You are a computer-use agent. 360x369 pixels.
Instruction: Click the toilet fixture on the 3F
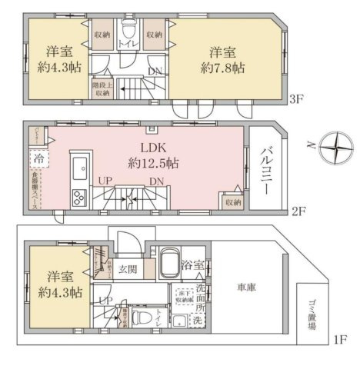[128, 33]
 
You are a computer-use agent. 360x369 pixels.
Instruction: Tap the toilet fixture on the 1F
[138, 317]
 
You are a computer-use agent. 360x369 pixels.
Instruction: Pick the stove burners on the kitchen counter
[79, 198]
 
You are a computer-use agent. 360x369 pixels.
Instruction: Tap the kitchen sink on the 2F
[79, 165]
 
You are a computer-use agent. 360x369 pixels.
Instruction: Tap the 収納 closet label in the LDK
[233, 201]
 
